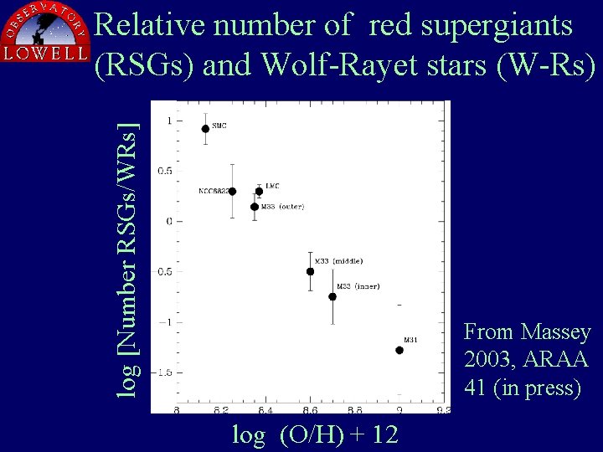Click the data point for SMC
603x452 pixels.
coord(205,129)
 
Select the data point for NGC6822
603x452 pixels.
coord(232,192)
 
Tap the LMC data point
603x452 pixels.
coord(260,191)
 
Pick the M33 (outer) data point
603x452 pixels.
coord(255,207)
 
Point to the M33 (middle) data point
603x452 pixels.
coord(311,271)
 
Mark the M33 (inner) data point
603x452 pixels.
coord(332,296)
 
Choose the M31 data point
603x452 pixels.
coord(399,350)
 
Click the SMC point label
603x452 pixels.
coord(219,126)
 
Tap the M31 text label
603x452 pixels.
coord(410,340)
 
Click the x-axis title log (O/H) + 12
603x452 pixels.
coord(315,435)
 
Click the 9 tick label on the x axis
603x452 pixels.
coord(399,410)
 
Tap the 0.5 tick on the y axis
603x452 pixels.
coord(166,171)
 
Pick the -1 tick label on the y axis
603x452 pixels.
coord(166,321)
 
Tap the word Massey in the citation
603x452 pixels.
coord(556,332)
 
